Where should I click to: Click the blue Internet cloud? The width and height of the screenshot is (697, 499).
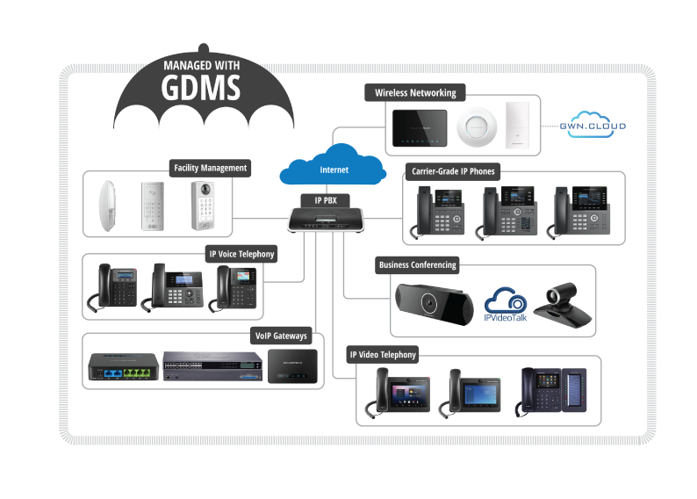coord(333,165)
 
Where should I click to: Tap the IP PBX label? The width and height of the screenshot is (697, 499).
coord(325,200)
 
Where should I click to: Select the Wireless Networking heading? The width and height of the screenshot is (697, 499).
coord(415,93)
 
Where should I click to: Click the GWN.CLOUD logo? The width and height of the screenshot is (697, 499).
coord(593,126)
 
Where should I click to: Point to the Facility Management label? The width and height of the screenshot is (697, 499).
coord(210,168)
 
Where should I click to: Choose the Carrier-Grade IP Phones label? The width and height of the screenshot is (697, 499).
coord(451,170)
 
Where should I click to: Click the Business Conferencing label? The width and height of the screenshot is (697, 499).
coord(417,264)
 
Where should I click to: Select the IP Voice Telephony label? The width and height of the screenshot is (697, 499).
coord(241,254)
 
